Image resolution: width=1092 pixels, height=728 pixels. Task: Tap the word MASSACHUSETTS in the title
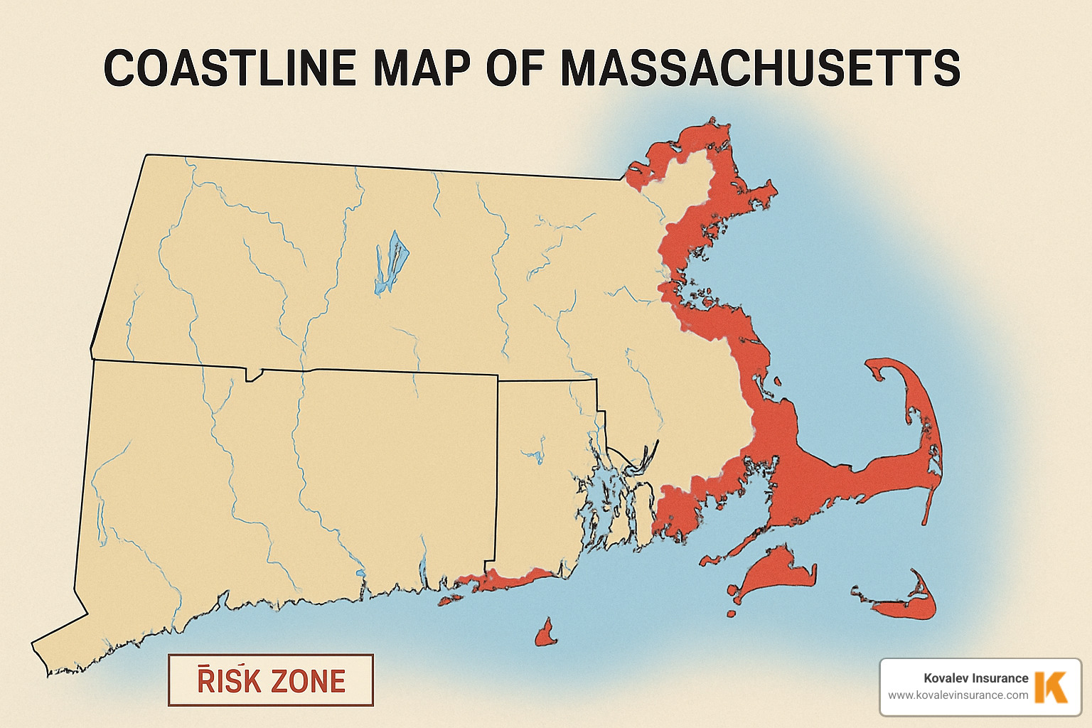760,69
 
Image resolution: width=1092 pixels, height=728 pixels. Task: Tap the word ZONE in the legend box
309,681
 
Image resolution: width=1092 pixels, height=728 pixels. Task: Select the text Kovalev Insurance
975,678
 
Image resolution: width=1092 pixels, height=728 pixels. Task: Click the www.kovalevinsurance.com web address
958,695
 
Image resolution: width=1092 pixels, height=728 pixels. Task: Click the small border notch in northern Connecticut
254,374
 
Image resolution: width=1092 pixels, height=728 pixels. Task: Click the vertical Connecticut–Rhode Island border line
496,469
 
